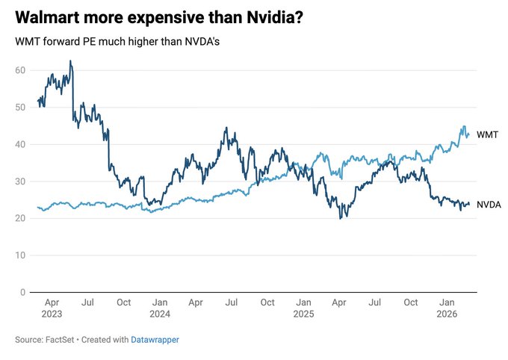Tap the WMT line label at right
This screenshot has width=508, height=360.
487,134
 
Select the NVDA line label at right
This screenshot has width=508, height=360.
489,204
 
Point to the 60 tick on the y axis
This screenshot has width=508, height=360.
20,70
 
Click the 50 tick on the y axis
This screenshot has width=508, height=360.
20,107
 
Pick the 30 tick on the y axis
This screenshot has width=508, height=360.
20,181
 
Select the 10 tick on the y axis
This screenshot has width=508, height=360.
20,255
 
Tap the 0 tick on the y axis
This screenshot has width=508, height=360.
23,292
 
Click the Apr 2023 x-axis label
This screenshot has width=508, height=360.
52,308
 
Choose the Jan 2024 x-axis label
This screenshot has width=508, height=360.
160,308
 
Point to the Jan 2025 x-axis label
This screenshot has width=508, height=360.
303,308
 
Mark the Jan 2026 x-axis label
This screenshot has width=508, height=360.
447,308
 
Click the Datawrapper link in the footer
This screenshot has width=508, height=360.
156,340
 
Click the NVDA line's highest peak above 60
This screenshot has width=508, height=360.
70,61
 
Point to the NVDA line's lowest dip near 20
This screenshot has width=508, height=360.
341,218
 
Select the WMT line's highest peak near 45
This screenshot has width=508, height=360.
464,126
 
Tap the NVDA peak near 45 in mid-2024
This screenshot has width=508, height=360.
226,128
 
